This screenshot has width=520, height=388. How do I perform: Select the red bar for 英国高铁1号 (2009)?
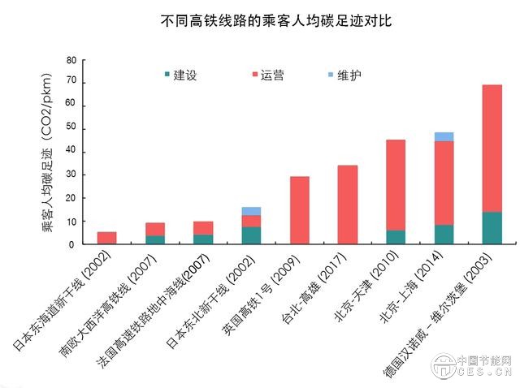point(300,210)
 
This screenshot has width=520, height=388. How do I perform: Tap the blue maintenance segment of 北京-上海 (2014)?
point(444,136)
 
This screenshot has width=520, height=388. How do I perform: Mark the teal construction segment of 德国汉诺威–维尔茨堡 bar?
point(492,228)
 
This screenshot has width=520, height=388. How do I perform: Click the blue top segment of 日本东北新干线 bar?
point(251,211)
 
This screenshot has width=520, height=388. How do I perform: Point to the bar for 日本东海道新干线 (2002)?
point(107,238)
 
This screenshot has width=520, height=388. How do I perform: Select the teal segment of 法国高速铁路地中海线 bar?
point(203,239)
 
